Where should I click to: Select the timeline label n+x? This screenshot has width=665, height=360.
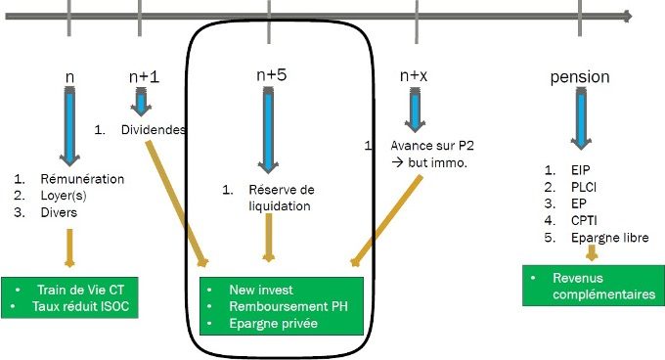pyautogui.click(x=417, y=75)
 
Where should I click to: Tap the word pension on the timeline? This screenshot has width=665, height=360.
pyautogui.click(x=580, y=76)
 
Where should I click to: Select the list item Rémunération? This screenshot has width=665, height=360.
pyautogui.click(x=82, y=179)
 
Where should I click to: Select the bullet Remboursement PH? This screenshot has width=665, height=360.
pyautogui.click(x=287, y=306)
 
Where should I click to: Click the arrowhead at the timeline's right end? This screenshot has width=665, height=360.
pyautogui.click(x=626, y=16)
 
